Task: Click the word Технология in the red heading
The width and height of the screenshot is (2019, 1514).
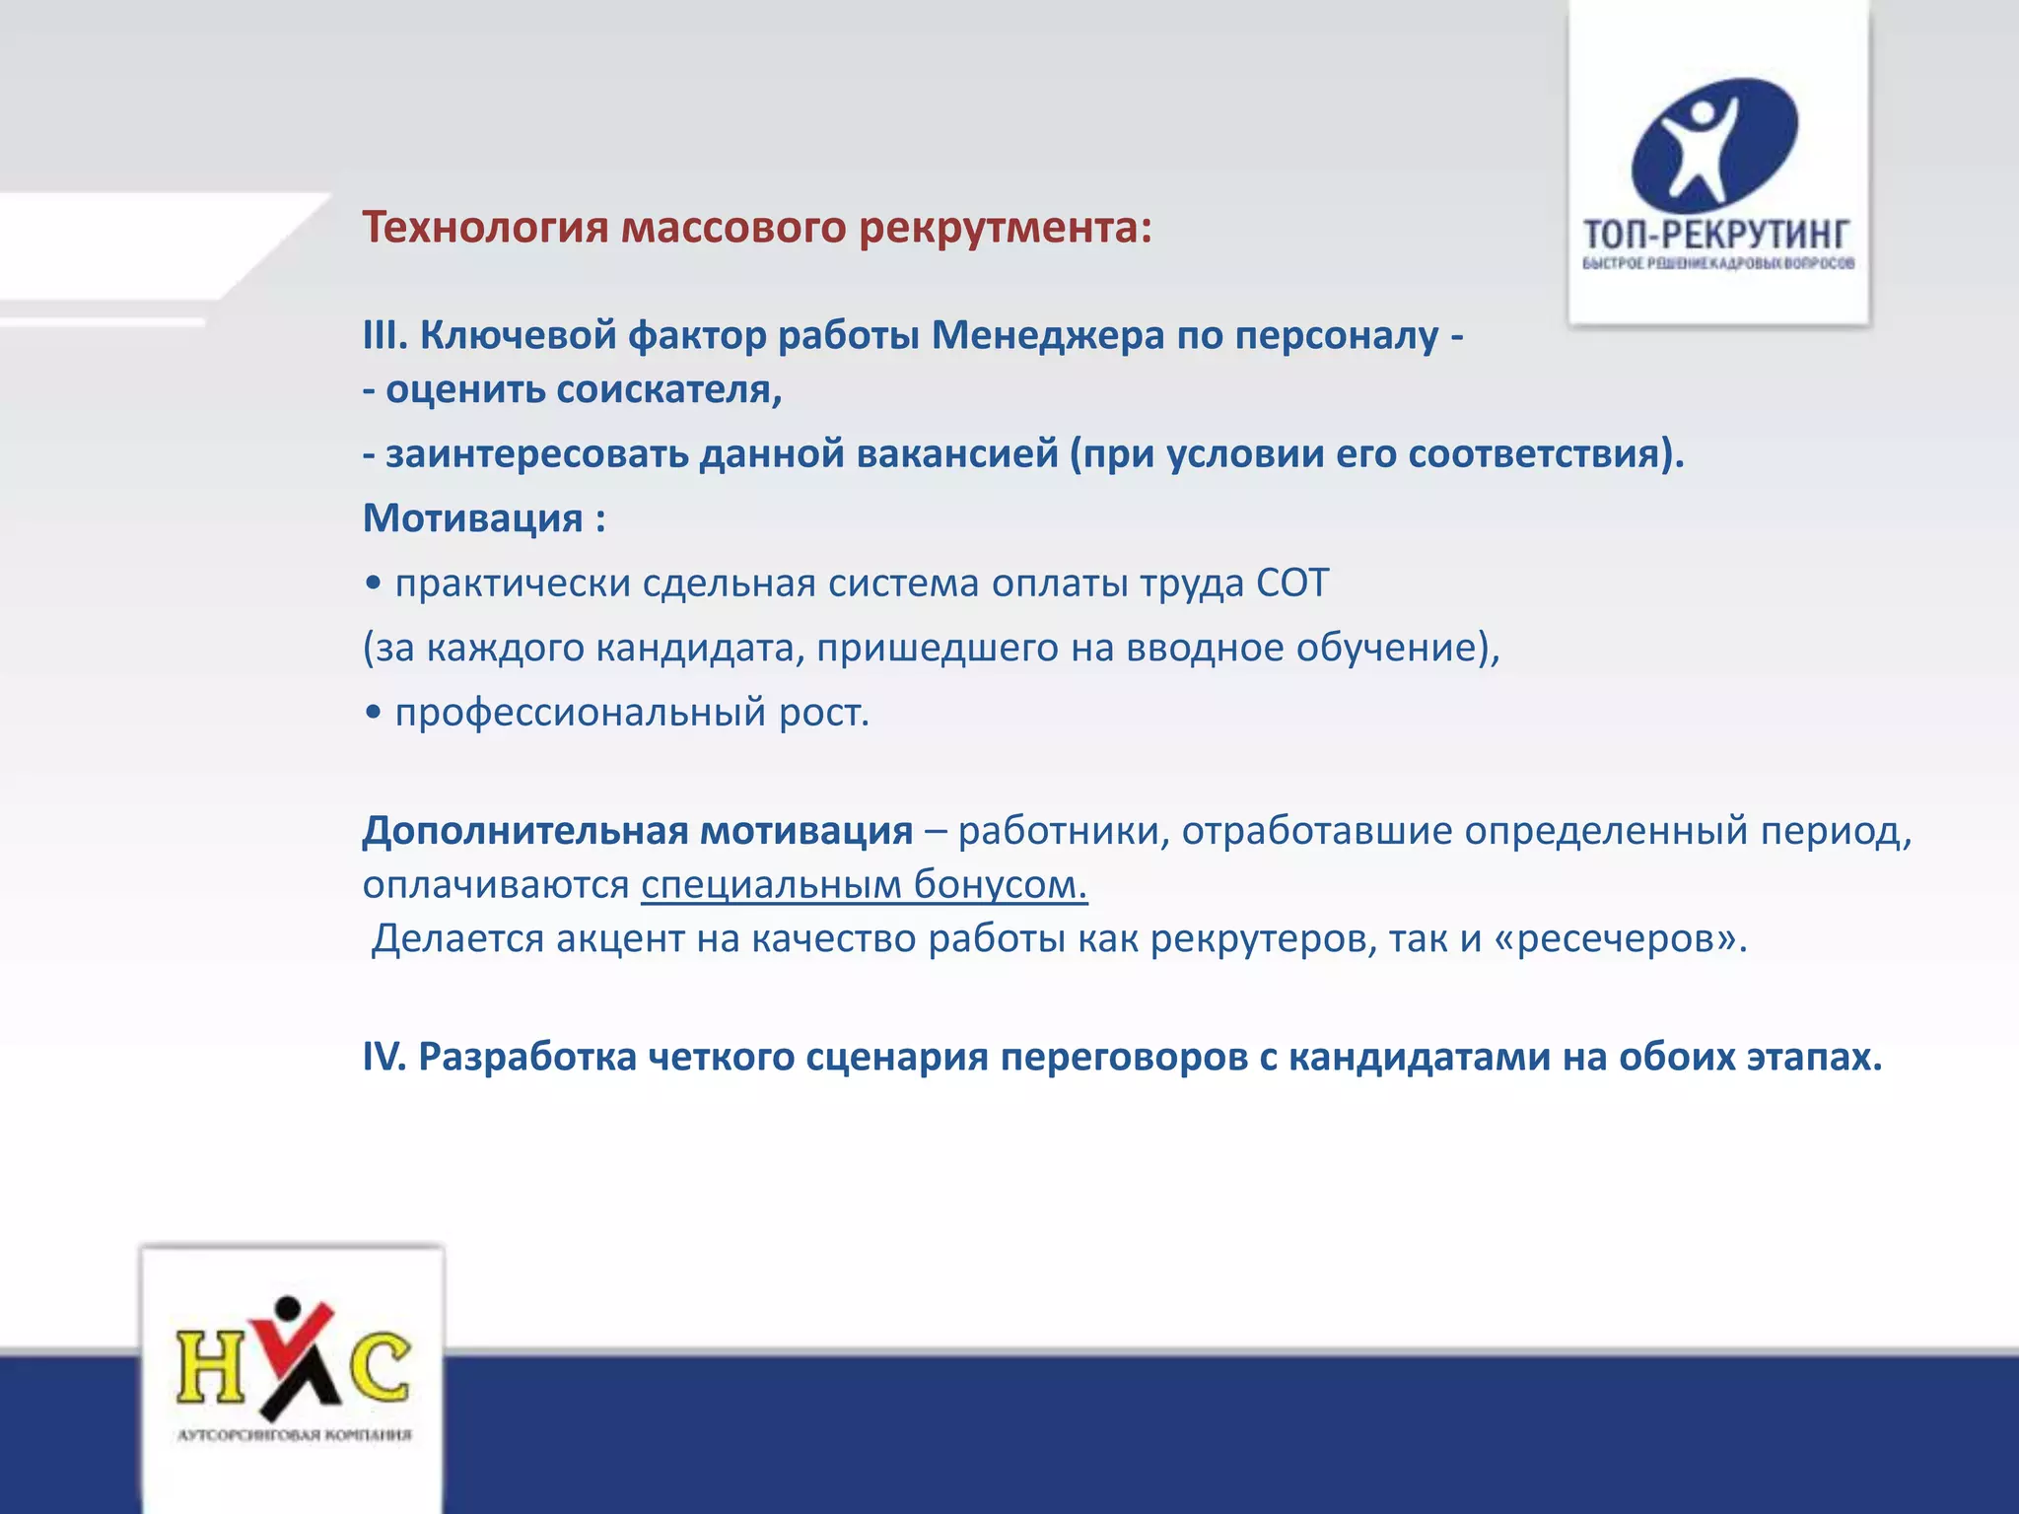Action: click(486, 228)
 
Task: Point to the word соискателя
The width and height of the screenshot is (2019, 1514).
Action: click(668, 390)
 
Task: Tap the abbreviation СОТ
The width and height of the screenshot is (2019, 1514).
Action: click(1292, 584)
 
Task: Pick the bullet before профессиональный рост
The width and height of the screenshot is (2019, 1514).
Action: click(373, 714)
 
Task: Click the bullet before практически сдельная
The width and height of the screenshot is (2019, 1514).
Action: click(373, 584)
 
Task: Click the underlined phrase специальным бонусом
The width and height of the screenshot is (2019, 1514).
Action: click(864, 885)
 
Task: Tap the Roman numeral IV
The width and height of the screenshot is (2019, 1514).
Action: click(383, 1057)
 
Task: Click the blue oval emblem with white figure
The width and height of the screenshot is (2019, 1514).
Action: click(1714, 143)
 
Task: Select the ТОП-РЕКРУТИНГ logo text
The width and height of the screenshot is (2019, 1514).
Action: click(1716, 236)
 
